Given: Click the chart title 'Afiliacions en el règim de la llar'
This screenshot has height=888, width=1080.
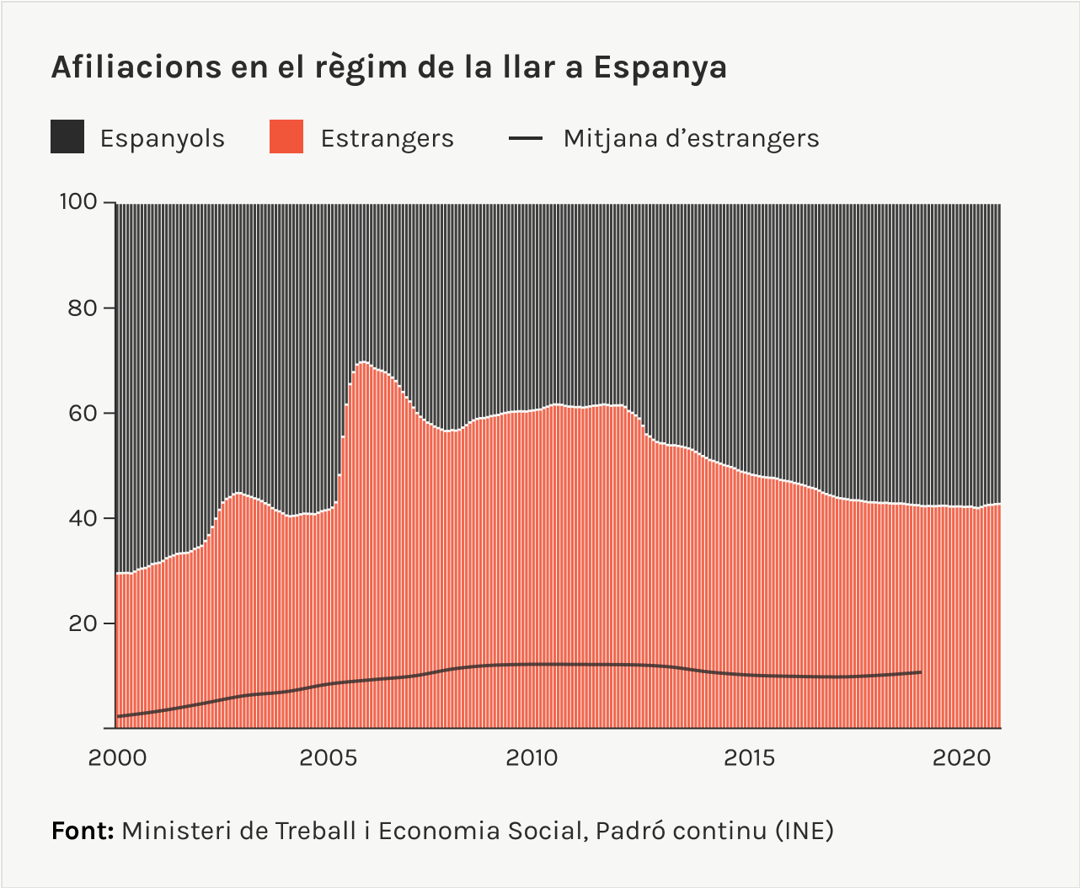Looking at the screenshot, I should (388, 67).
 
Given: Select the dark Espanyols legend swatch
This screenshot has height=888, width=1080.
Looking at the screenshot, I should (67, 137).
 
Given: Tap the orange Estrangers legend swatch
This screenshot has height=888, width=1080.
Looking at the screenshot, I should (286, 137).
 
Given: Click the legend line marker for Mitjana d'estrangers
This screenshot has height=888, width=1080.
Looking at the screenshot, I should (526, 138).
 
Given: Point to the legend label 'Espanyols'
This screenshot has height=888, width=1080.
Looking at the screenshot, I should (162, 138).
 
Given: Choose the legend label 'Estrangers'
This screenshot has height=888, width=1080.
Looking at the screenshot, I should (387, 138).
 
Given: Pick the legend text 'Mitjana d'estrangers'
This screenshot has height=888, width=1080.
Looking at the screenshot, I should (691, 138).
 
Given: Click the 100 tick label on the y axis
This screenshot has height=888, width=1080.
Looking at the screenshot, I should (78, 202).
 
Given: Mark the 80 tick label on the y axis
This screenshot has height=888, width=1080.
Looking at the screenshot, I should (83, 308).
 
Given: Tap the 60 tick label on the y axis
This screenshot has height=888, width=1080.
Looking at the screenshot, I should (83, 413).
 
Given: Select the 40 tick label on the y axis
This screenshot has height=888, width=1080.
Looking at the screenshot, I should (83, 518).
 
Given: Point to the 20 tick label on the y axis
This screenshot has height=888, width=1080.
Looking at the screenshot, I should (83, 623).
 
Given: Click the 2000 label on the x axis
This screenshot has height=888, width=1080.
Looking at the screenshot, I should (117, 758).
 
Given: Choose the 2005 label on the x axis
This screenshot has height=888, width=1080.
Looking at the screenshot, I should (329, 758).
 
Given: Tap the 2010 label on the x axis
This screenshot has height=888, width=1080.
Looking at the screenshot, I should (532, 758).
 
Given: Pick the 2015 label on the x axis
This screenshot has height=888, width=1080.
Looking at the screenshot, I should (749, 758).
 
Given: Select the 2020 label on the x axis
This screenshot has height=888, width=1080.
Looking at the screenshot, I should (962, 758).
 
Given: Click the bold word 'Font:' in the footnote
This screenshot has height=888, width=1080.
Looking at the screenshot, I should (83, 831).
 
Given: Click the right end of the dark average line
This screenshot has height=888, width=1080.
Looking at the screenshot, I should (920, 672).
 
